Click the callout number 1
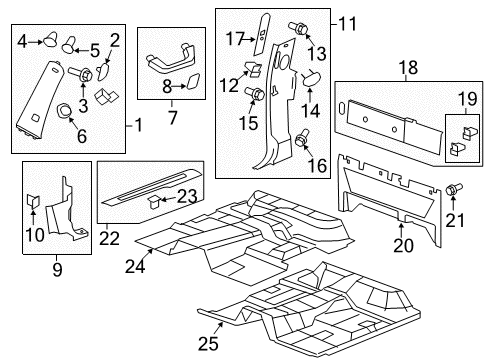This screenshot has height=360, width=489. (x=137, y=126)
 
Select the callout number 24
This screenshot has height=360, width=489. (x=136, y=266)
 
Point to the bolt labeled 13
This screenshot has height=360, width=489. (x=298, y=27)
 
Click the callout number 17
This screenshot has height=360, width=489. (x=234, y=39)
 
